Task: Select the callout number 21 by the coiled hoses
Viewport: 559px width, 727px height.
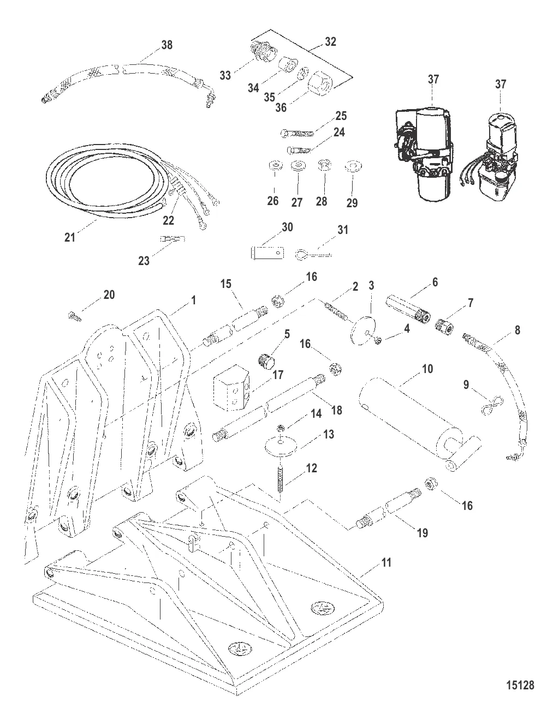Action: point(70,237)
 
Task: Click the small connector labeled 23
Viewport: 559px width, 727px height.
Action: point(173,239)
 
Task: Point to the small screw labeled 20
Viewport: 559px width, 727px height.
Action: point(74,314)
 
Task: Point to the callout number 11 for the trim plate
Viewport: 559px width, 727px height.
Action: point(386,562)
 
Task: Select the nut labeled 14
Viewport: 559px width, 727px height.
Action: point(280,428)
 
